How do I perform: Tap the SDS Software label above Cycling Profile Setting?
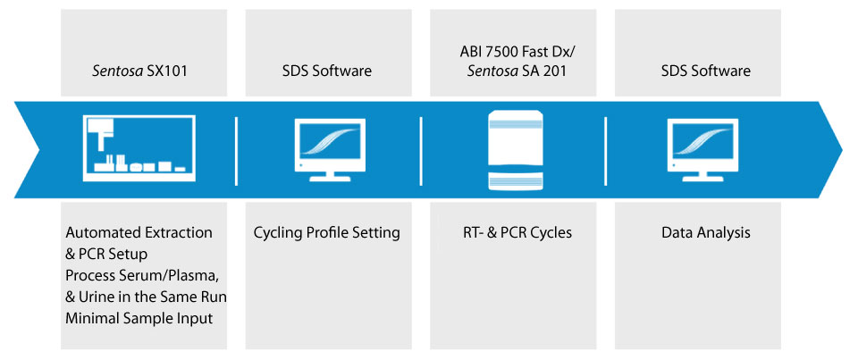click(328, 71)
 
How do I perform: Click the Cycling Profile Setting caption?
click(327, 232)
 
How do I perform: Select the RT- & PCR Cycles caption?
click(513, 232)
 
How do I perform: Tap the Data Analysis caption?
click(706, 232)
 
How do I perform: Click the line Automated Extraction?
click(139, 232)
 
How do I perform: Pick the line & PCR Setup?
click(106, 254)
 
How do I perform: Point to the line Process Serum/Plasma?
click(143, 275)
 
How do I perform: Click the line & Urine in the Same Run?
click(146, 297)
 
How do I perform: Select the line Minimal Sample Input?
click(139, 318)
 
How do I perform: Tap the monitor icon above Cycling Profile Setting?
click(330, 150)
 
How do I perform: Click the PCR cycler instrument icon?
click(516, 150)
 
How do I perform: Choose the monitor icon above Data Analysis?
click(702, 150)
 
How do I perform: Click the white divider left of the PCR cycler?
click(421, 150)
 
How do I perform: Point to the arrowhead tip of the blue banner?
click(843, 149)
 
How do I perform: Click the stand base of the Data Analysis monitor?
click(702, 177)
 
